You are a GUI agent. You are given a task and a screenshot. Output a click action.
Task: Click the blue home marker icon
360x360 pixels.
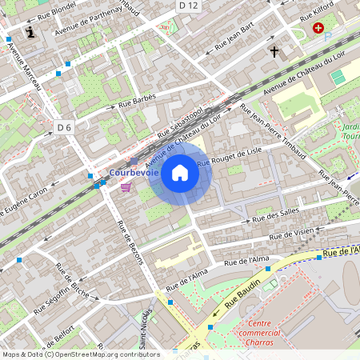180,173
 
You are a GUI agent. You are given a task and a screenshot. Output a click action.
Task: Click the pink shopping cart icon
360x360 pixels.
126,186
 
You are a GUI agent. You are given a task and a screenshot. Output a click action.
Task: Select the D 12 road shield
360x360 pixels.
189,6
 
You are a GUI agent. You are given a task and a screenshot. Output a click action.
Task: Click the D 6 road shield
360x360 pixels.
65,127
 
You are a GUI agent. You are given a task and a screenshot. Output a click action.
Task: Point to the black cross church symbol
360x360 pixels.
274,52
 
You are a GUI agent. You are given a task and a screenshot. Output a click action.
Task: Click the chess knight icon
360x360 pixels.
30,32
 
